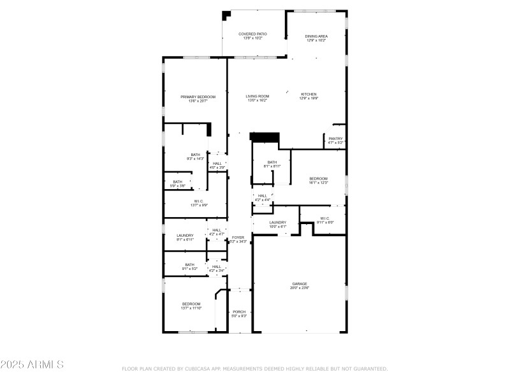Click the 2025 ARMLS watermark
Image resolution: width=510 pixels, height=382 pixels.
[x=32, y=365]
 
